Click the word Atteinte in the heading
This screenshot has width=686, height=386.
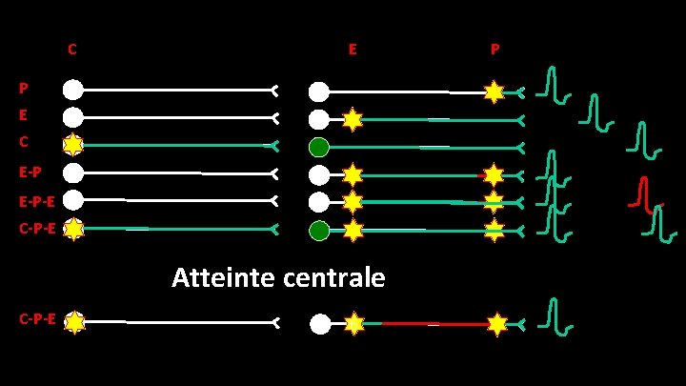222,277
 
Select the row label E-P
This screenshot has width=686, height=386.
30,173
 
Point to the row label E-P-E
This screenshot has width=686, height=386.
35,201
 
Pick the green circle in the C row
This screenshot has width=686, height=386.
319,147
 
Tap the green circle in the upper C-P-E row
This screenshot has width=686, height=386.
319,230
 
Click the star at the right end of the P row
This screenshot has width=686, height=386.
494,91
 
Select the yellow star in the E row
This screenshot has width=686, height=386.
353,119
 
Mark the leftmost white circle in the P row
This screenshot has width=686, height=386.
73,91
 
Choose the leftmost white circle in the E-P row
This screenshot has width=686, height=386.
73,173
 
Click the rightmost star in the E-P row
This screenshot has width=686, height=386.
494,174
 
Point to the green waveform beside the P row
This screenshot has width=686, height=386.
551,84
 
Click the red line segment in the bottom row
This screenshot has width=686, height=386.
424,324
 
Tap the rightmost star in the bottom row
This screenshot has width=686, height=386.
496,324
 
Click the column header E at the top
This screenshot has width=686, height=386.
353,49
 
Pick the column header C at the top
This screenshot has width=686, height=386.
72,49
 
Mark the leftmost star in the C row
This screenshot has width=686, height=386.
73,146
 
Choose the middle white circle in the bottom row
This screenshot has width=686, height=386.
319,324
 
